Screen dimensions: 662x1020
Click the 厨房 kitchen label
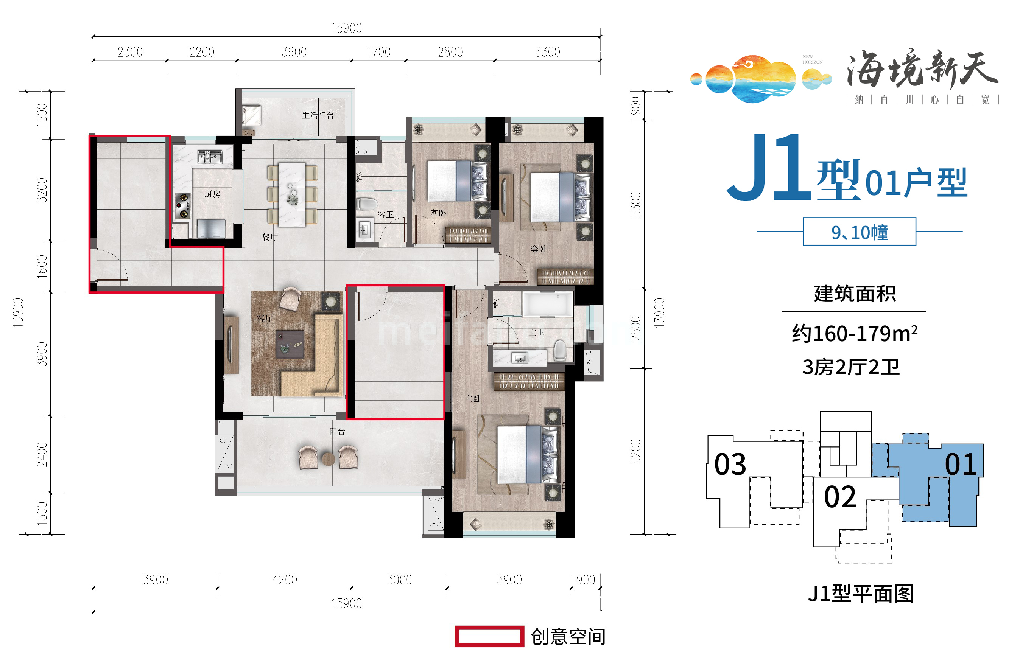(x=212, y=194)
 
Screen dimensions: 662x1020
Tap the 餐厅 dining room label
(x=270, y=237)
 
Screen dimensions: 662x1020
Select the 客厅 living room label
(x=265, y=319)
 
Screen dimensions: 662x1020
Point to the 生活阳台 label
(x=318, y=115)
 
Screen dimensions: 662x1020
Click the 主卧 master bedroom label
(x=473, y=398)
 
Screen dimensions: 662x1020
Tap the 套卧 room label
(x=538, y=249)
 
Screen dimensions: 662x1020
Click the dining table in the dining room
(x=292, y=194)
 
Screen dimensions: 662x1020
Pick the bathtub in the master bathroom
(x=547, y=304)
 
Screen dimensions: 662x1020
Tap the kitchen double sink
(x=210, y=157)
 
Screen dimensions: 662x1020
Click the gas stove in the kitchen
(x=182, y=206)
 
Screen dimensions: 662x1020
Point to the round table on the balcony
(x=328, y=459)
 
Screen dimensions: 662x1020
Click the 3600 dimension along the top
(x=294, y=52)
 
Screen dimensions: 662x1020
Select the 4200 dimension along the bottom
(x=285, y=580)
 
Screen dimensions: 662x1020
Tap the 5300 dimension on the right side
(x=635, y=204)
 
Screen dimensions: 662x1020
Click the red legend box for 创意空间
(x=489, y=636)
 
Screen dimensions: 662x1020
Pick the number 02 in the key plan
(x=839, y=497)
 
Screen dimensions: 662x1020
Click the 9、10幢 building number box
(x=859, y=232)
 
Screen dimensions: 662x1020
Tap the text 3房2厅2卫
(x=851, y=367)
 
